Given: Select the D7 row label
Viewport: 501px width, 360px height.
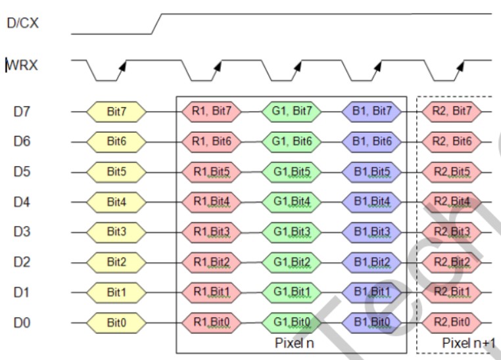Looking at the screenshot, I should [22, 112].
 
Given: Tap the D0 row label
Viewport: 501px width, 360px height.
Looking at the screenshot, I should [22, 323].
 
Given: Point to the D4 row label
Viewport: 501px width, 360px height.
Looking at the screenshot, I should [22, 202].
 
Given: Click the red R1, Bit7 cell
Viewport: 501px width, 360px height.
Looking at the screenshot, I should [211, 112].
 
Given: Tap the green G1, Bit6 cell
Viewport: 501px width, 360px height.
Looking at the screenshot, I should [293, 141].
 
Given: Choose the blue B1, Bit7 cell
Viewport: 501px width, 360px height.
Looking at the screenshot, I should [372, 112].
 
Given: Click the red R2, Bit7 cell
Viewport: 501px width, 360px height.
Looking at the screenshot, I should [452, 112].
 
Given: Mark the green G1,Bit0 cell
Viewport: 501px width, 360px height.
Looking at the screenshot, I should [293, 323].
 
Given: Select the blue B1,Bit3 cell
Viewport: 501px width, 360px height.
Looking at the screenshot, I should [372, 233].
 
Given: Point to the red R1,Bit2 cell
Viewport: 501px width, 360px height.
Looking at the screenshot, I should [211, 263].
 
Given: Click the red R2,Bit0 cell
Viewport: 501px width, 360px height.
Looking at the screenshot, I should [452, 323].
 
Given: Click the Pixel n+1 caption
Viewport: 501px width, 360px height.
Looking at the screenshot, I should [467, 342].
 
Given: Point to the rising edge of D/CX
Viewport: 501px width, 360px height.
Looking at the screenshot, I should [157, 23].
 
